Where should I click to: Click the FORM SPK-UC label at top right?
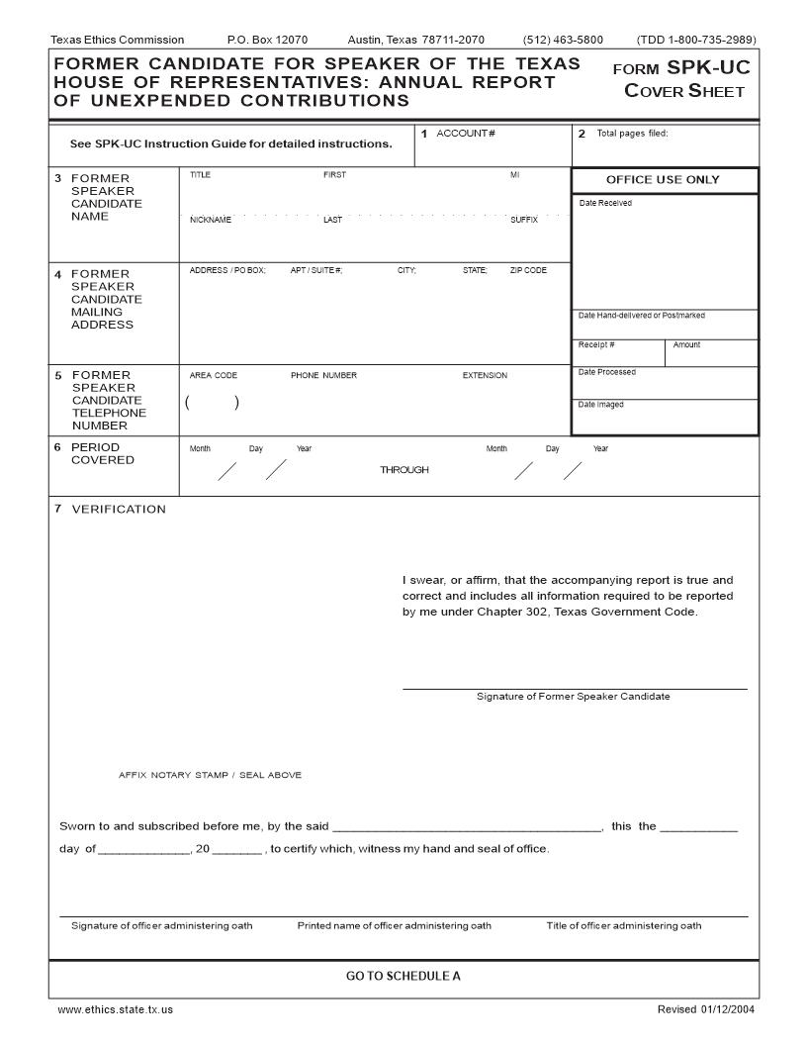(681, 68)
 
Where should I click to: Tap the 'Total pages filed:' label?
(632, 134)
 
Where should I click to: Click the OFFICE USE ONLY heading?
(663, 180)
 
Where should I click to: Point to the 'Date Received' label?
(605, 203)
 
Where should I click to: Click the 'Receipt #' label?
(596, 344)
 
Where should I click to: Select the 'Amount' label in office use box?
(686, 344)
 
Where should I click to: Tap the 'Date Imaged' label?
(600, 404)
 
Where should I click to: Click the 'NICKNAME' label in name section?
(210, 220)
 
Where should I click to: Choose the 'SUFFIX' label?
(524, 220)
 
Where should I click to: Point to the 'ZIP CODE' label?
(528, 270)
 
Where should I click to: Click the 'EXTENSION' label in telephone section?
(485, 375)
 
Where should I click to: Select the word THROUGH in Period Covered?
(404, 470)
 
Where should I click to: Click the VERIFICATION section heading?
(118, 509)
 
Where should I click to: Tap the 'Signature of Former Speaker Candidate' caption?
(573, 697)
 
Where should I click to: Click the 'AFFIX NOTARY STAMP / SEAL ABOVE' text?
(210, 775)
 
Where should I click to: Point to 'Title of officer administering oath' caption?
(624, 926)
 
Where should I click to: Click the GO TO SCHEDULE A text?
(403, 977)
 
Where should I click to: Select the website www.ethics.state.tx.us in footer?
(116, 1009)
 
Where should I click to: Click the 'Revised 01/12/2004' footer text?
(705, 1009)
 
